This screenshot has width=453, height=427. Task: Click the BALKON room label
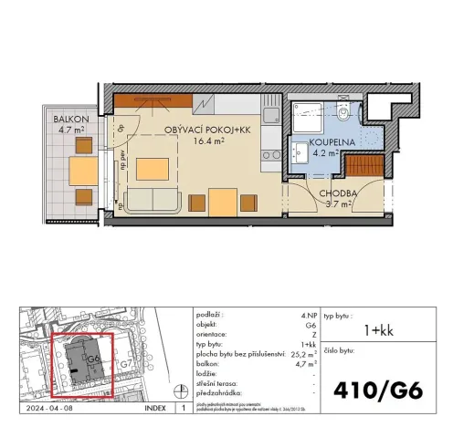[68, 120]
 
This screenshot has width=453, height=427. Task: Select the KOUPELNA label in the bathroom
[327, 142]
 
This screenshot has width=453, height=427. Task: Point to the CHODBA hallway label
[336, 193]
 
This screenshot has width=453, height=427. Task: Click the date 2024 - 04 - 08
[52, 410]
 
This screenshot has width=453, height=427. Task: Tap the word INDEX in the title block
[156, 410]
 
